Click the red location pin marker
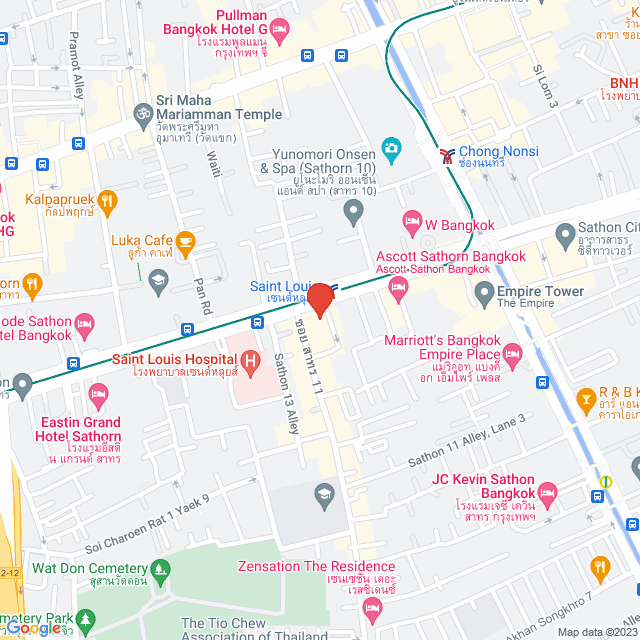coord(320,299)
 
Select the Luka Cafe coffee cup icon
coord(185,240)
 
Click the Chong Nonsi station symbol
coord(446,154)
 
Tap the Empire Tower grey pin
coord(483,294)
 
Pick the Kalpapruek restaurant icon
coord(109,204)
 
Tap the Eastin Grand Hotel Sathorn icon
coord(98,399)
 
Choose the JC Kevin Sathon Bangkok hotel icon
coord(546,494)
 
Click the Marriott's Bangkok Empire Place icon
coord(513,354)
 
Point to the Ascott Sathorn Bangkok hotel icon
coord(399,289)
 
